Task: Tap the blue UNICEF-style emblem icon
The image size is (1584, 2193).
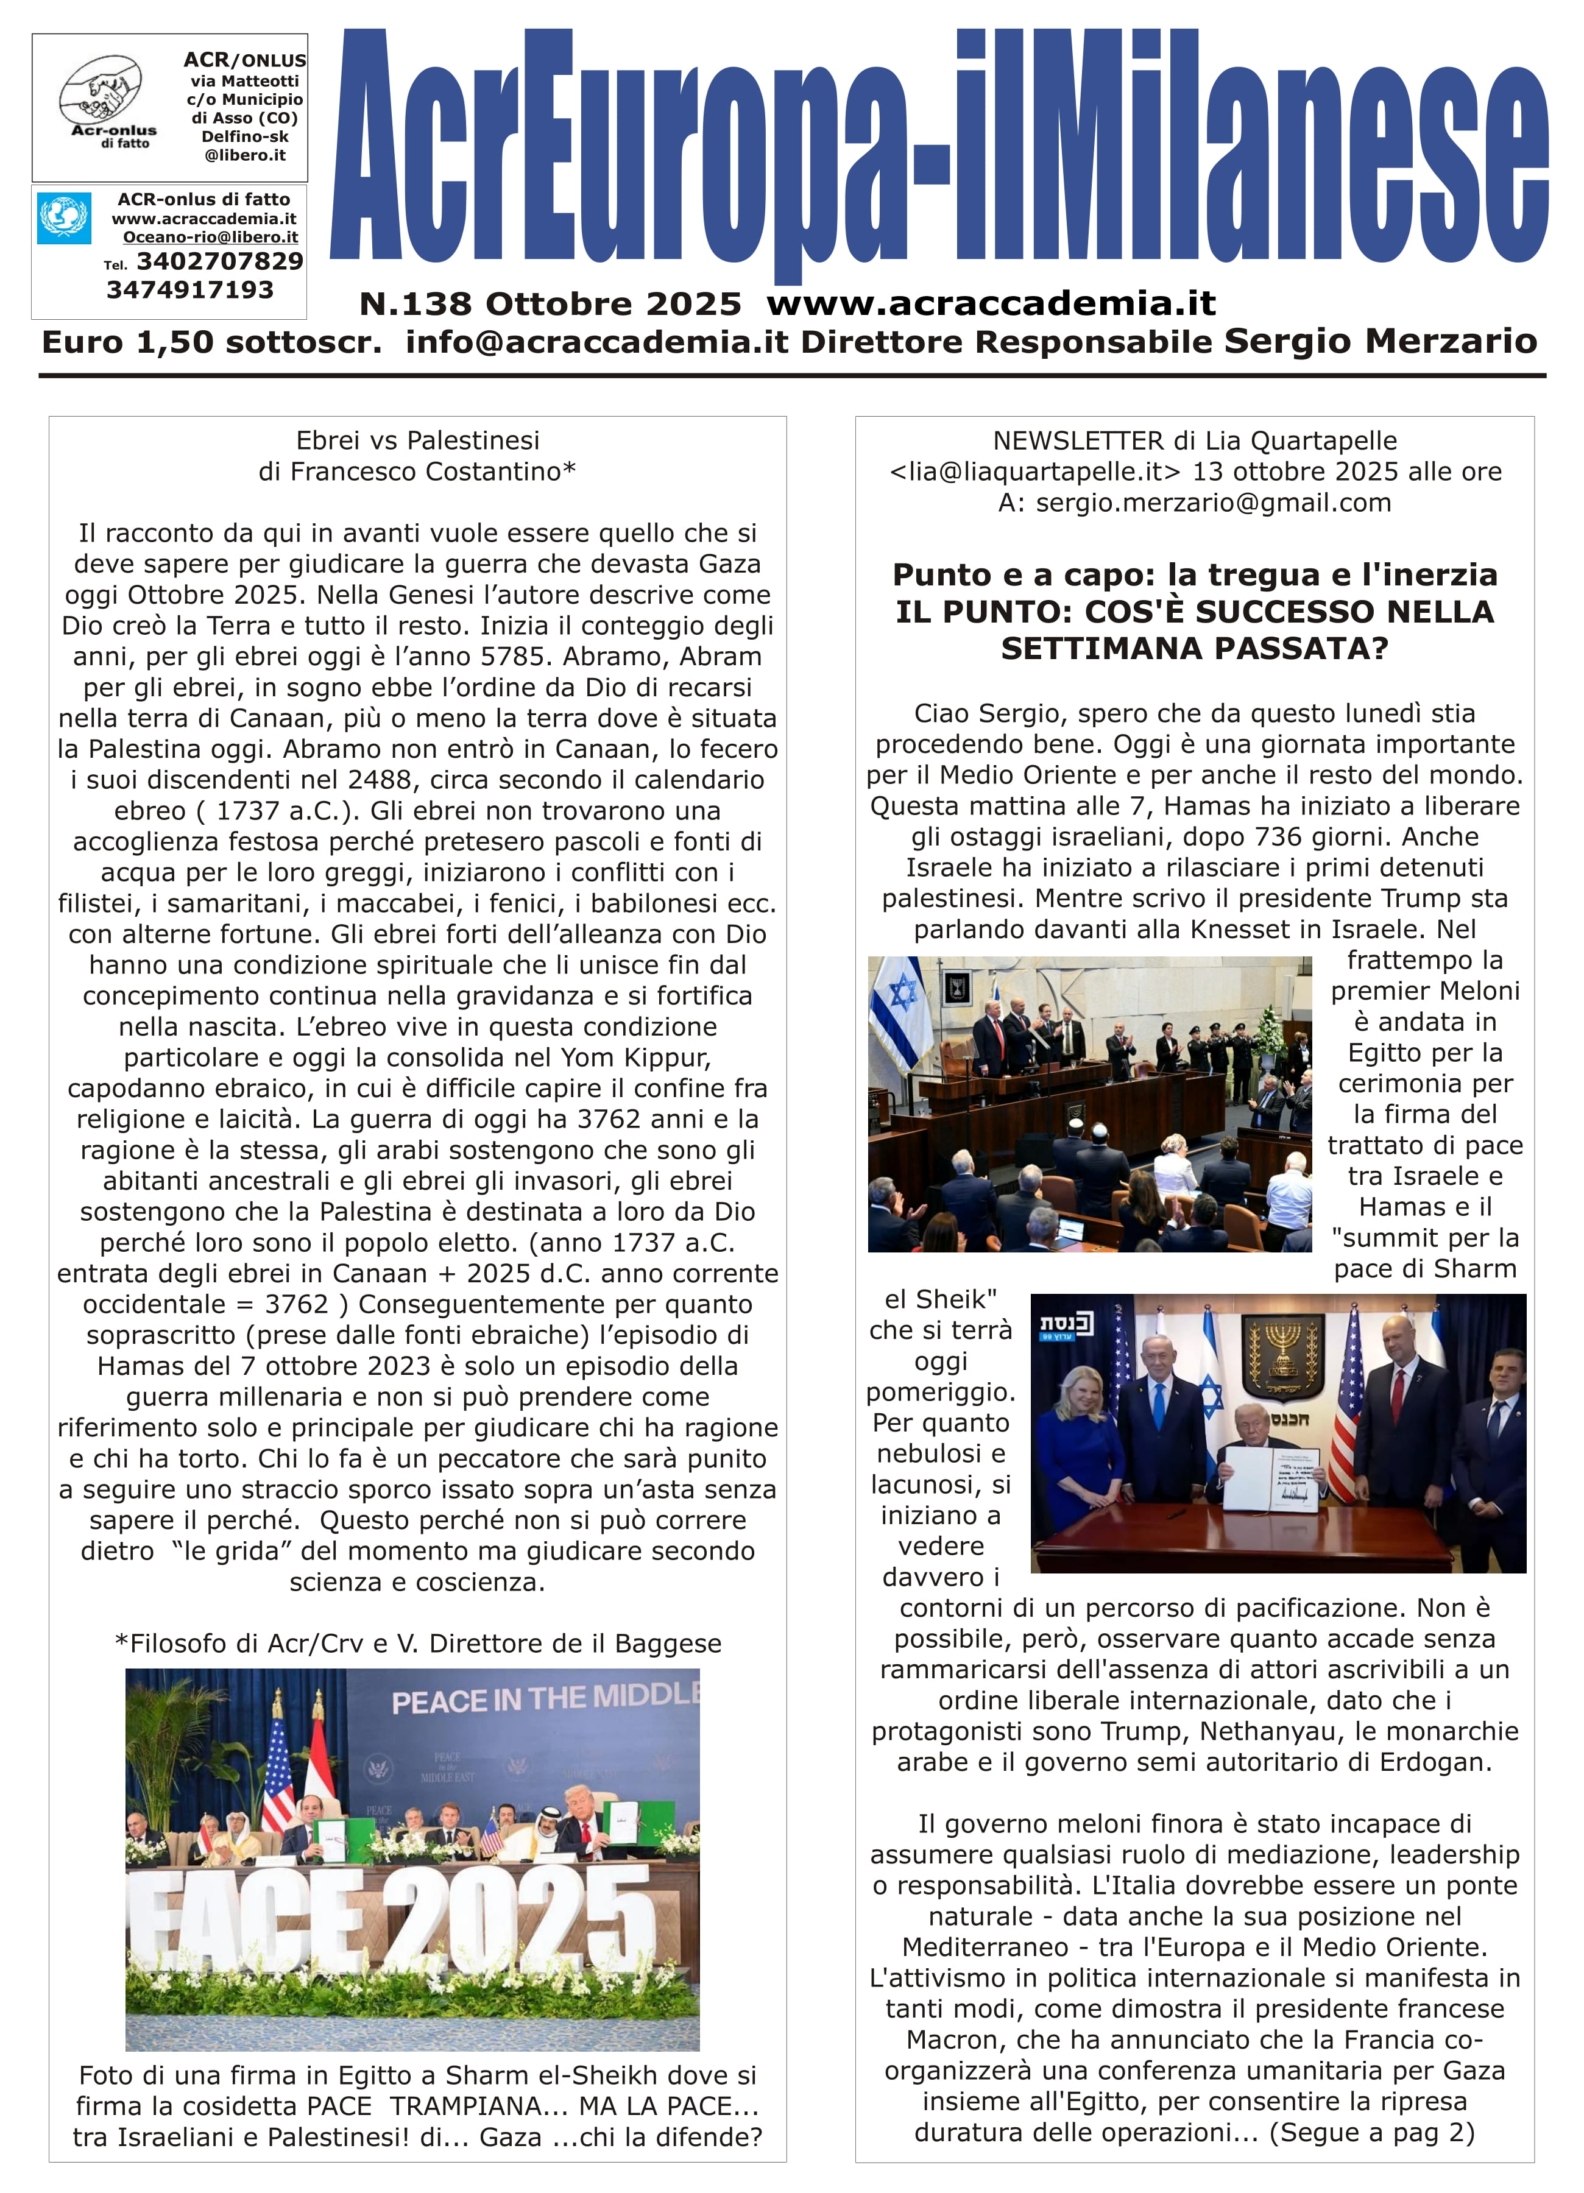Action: pyautogui.click(x=65, y=219)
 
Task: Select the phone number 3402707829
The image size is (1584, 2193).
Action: pyautogui.click(x=219, y=261)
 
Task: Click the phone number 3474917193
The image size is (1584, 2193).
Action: pyautogui.click(x=191, y=290)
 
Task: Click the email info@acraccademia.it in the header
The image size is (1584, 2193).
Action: pyautogui.click(x=596, y=342)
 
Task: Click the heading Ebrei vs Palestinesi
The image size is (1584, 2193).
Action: pyautogui.click(x=418, y=441)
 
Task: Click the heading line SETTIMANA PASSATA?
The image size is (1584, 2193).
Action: pyautogui.click(x=1194, y=648)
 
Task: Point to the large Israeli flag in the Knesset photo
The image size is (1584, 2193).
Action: pyautogui.click(x=899, y=1015)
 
